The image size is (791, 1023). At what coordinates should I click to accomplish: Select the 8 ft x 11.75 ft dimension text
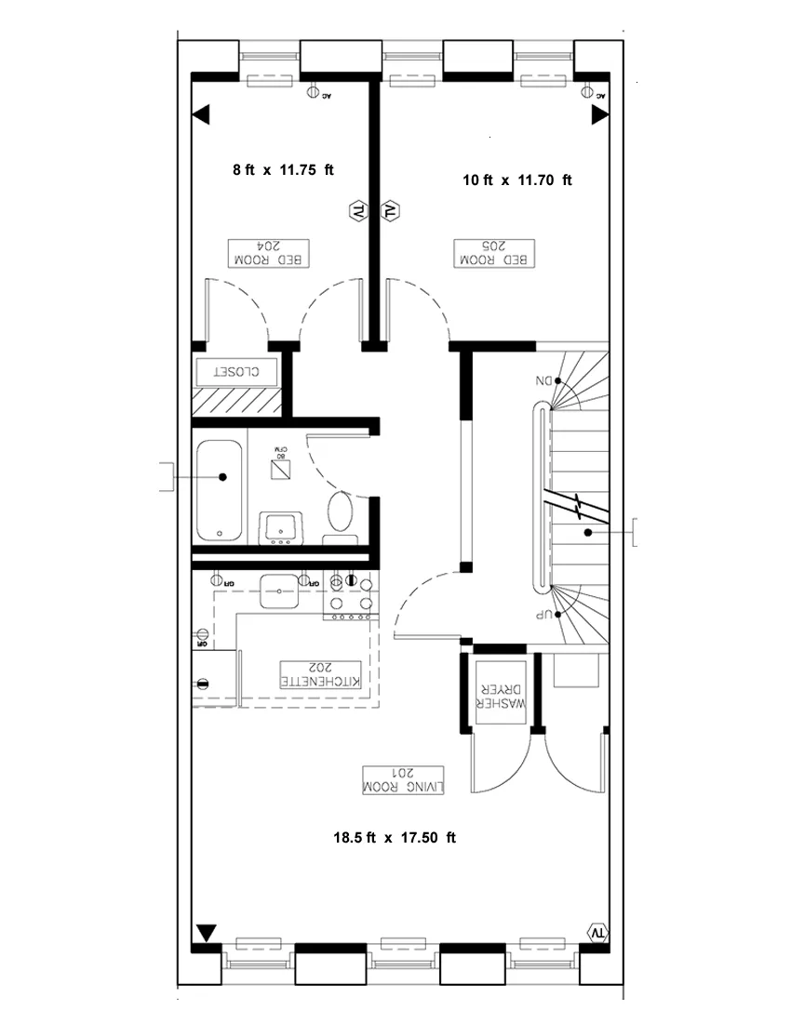tap(283, 170)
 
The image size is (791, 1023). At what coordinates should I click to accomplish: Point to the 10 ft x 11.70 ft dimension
tap(516, 180)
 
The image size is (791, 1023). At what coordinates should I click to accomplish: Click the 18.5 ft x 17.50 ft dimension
tap(395, 837)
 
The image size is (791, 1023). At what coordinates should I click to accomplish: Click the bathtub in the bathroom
tap(221, 490)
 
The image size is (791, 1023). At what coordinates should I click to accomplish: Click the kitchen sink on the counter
tap(278, 589)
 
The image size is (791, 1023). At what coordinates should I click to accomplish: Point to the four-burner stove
tap(350, 595)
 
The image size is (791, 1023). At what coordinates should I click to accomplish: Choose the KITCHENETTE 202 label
tap(321, 675)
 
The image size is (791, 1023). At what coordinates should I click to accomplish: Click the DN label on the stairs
tap(543, 380)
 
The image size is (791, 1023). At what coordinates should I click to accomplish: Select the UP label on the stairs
tap(543, 615)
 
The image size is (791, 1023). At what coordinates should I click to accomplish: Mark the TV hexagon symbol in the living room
tap(597, 932)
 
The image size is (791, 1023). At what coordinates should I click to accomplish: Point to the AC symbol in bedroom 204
tap(314, 92)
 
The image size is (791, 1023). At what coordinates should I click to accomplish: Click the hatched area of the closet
tap(237, 402)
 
